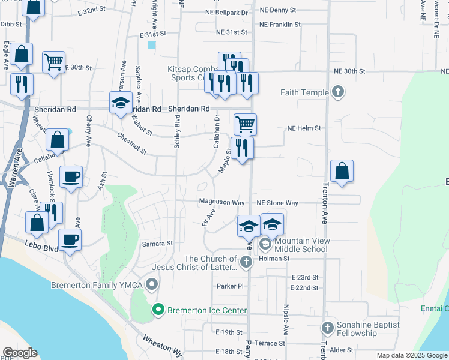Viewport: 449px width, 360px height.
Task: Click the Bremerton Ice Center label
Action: [207, 310]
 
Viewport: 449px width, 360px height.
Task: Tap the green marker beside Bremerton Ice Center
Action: [159, 310]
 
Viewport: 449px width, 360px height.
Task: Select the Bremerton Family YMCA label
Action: [98, 284]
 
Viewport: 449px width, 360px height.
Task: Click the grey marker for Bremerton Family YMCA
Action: [153, 284]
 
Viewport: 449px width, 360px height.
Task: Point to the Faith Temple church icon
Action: [338, 92]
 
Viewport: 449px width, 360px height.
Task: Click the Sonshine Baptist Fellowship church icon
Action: [327, 328]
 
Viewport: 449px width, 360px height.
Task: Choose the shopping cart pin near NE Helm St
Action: [245, 124]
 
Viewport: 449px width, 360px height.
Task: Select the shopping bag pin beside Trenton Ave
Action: [342, 170]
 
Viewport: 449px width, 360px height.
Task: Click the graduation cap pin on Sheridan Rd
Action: [121, 102]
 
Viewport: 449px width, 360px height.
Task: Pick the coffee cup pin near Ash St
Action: [71, 176]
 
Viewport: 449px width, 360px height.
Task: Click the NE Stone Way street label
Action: [278, 203]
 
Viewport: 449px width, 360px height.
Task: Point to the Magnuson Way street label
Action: [221, 203]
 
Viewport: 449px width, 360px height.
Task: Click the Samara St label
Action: [157, 244]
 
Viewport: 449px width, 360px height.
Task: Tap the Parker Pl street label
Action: [232, 286]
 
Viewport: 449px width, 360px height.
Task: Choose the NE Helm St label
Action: [304, 128]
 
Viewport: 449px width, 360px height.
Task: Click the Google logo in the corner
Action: [20, 353]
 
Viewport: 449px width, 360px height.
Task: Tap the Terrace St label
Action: [270, 343]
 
